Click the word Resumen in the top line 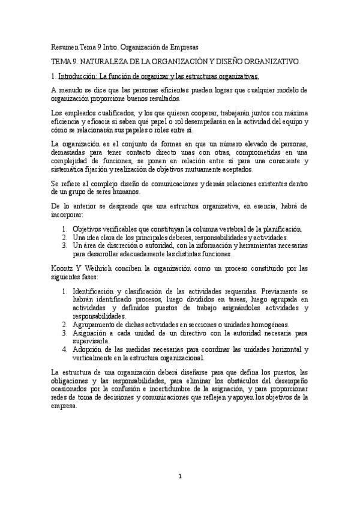click(64, 46)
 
